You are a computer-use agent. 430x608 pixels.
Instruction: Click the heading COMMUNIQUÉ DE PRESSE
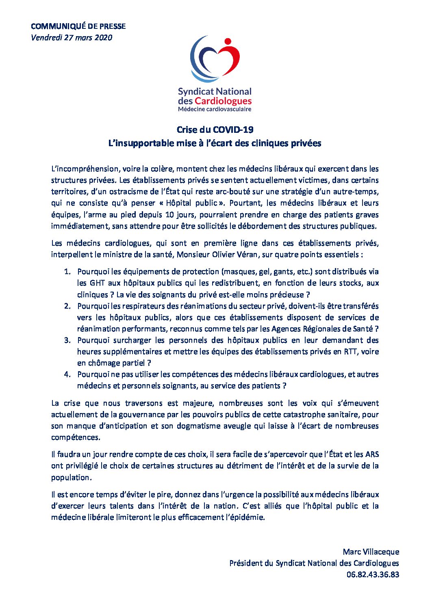coord(78,26)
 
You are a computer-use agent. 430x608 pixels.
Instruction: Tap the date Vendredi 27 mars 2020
coord(72,38)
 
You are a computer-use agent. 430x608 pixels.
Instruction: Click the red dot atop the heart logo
coord(228,41)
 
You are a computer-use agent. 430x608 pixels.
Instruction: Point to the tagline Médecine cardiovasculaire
coord(215,109)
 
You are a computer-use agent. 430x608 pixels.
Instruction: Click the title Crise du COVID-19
coord(215,130)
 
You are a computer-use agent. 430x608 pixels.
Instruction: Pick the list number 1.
coord(67,272)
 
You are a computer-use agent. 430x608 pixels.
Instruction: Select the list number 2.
coord(67,306)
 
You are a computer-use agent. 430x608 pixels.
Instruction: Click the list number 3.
coord(67,340)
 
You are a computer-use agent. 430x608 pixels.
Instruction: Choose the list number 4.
coord(67,374)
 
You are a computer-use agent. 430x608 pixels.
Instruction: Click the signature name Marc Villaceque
coord(371,552)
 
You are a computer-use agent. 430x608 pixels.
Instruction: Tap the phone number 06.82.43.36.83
coord(373,574)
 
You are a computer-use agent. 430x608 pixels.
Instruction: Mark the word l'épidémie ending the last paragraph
coord(245,517)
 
